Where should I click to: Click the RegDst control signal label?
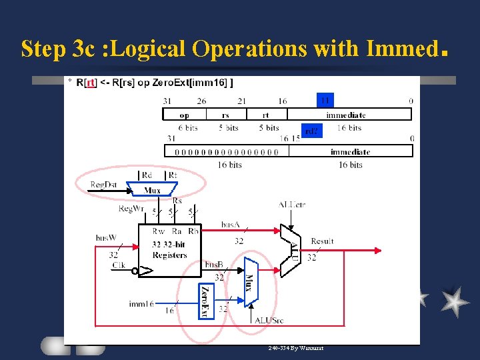104,184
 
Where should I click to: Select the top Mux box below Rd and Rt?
152,191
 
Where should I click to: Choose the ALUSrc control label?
268,320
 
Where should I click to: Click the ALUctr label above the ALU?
291,204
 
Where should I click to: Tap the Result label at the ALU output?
322,241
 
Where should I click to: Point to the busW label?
106,237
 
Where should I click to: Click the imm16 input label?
141,304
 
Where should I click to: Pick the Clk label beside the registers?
118,265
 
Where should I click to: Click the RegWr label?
131,209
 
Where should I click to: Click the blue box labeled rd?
312,131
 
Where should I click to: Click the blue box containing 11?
324,100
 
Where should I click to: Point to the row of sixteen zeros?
227,151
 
